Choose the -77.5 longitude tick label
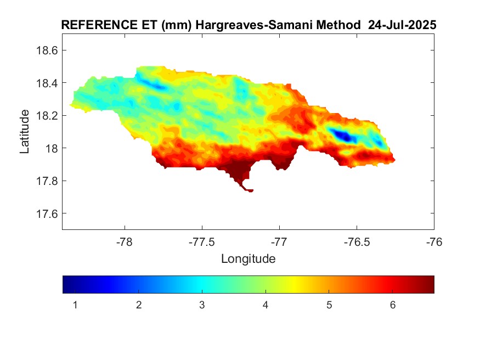tap(202, 241)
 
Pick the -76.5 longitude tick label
tap(357, 241)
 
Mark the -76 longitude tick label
tap(434, 241)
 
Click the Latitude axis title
tap(25, 132)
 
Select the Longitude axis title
tap(248, 258)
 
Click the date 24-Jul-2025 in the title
tap(403, 25)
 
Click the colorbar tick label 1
tap(75, 305)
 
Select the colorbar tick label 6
tap(393, 305)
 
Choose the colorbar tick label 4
tap(266, 305)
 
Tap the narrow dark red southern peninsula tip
tap(250, 190)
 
